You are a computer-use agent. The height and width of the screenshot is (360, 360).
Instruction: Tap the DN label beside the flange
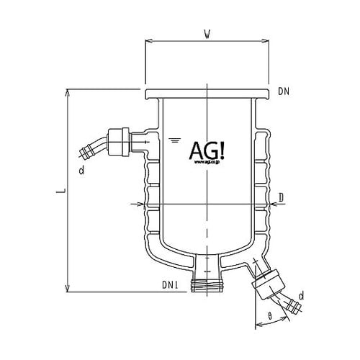click(283, 92)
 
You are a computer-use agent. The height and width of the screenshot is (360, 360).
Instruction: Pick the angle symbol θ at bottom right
click(269, 316)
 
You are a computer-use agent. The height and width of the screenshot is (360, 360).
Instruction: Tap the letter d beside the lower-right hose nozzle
click(300, 296)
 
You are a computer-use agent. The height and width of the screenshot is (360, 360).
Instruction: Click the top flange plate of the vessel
click(206, 94)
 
